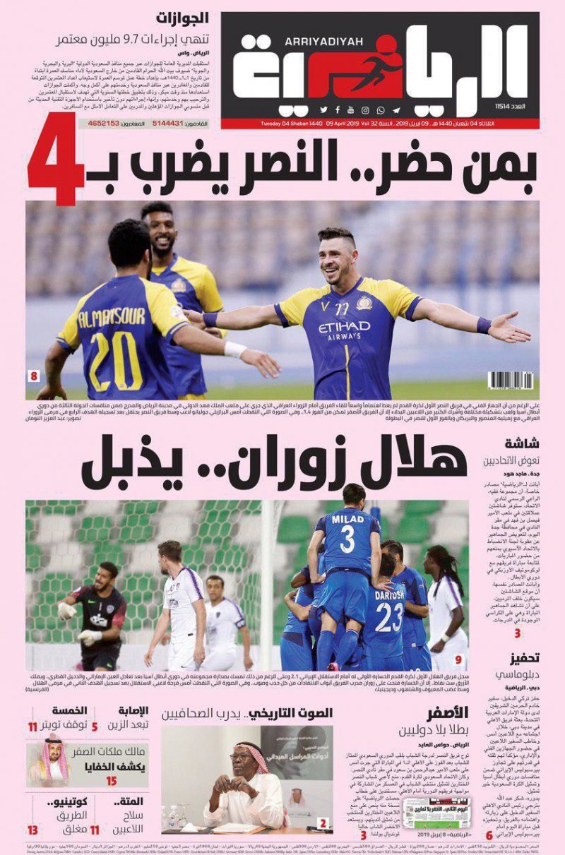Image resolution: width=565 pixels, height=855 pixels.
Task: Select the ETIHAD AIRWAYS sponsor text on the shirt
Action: tap(344, 330)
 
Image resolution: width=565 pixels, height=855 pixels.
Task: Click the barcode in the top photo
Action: tap(511, 380)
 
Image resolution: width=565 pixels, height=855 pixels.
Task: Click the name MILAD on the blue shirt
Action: tap(347, 519)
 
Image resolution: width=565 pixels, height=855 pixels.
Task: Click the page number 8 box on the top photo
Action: tap(33, 375)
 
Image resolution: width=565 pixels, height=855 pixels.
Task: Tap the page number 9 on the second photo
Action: tap(458, 661)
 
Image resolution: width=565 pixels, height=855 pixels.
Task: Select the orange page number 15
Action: tap(112, 781)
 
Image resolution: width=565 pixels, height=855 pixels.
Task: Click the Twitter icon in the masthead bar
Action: tap(323, 110)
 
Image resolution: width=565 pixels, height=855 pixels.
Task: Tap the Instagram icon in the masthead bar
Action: tap(365, 110)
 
